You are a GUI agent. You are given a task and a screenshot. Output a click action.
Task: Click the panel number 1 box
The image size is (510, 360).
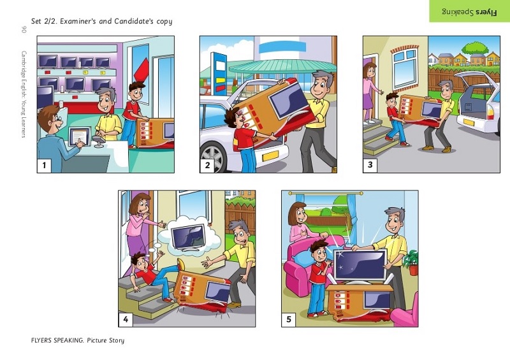pos(44,166)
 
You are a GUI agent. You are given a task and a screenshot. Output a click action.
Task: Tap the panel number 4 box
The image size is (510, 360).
pos(126,320)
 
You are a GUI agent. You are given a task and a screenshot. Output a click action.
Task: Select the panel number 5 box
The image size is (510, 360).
pos(289,320)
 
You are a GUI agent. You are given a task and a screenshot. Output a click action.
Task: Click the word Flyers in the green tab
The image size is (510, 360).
pos(486,12)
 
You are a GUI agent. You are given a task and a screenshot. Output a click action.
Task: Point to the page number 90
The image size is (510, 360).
pos(24,29)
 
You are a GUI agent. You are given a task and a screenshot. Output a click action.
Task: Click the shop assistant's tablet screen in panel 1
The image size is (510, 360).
pos(79,136)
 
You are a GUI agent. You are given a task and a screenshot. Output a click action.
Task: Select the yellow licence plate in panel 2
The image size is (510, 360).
pos(270,155)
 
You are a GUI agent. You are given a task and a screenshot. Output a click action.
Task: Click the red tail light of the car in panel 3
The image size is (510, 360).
pos(490,112)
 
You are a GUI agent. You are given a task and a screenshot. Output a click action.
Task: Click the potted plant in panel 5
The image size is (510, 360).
pos(412,263)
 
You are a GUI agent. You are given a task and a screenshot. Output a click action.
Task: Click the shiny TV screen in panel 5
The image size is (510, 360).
pos(360,265)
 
